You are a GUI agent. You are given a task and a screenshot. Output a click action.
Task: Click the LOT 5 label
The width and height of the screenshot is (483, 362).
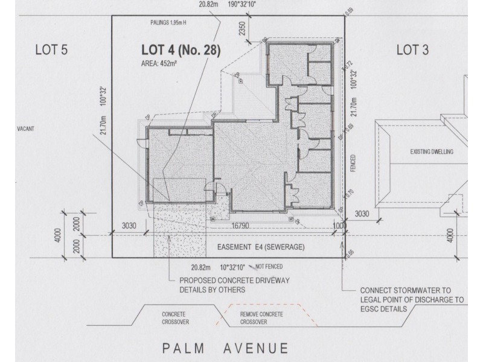click(52, 51)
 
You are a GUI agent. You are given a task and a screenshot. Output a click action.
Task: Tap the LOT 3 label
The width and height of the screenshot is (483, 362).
click(412, 51)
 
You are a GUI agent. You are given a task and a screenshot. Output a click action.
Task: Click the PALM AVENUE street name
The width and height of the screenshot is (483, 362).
click(224, 348)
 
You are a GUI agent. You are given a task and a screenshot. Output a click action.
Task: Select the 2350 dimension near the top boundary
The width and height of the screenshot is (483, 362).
click(242, 29)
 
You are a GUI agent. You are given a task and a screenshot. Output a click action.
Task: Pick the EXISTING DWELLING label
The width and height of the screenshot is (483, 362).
click(431, 152)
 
